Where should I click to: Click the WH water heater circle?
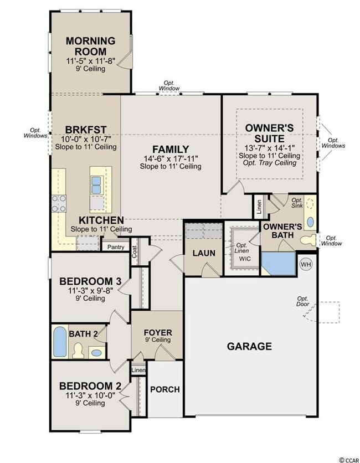(306, 264)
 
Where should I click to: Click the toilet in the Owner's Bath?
(308, 239)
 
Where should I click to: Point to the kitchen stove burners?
(59, 203)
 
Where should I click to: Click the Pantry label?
(116, 247)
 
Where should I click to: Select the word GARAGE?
(249, 346)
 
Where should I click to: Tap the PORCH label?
(165, 389)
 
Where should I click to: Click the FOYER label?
(158, 332)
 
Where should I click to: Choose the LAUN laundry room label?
(204, 253)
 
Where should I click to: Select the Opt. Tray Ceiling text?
(270, 163)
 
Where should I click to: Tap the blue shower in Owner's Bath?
(279, 264)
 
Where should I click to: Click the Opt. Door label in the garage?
(303, 301)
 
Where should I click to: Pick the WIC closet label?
(245, 259)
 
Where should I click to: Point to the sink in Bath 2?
(96, 353)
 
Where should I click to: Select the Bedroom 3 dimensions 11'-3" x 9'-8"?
(90, 291)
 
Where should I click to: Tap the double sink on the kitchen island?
(96, 185)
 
